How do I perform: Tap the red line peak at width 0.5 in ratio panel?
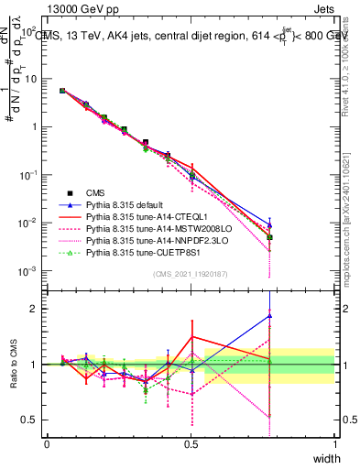pos(191,336)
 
